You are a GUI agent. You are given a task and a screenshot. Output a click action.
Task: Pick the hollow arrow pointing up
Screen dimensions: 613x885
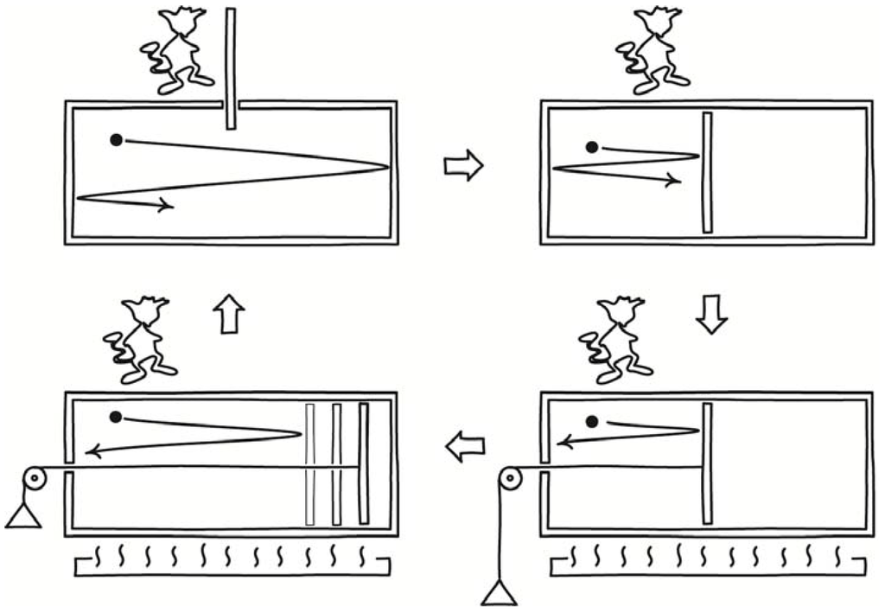(229, 316)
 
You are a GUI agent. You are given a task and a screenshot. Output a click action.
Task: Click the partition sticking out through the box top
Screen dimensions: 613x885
(231, 69)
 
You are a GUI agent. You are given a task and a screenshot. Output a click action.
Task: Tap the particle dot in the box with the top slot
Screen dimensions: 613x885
(116, 139)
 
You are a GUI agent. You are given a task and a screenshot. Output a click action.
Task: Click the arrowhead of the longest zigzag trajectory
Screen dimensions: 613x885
(167, 206)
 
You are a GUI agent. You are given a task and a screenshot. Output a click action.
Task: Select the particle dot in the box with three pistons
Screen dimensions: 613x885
(116, 417)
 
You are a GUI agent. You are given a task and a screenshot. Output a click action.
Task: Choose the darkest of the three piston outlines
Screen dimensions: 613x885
(363, 463)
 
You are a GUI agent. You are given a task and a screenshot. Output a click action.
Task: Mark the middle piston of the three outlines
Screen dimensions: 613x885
(337, 463)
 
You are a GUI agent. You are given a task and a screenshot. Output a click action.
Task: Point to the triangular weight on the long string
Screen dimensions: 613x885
(500, 595)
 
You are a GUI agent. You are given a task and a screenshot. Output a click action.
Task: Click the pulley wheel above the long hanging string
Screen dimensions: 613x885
(511, 476)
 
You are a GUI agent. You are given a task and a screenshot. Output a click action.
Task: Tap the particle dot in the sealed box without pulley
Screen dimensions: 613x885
(591, 147)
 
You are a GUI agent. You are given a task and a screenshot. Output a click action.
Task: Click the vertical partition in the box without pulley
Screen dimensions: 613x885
(707, 173)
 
